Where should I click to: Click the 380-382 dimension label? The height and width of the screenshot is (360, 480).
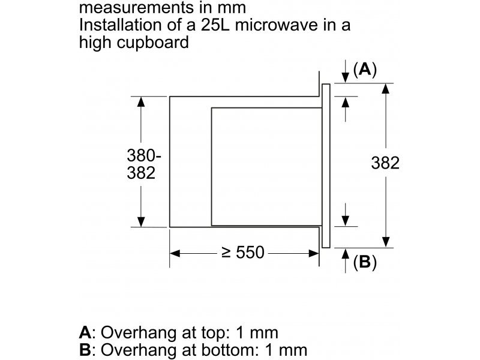[x=143, y=164]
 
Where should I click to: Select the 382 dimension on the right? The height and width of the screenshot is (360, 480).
[x=385, y=163]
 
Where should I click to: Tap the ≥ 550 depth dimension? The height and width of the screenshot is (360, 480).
[x=243, y=253]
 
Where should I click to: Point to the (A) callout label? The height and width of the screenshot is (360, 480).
[x=365, y=70]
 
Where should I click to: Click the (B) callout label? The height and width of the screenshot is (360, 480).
[x=365, y=262]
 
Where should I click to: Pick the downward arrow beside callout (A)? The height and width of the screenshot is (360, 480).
[x=346, y=71]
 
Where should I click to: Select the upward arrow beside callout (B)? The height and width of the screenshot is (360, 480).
[x=346, y=260]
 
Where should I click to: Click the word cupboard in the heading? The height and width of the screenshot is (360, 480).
[x=152, y=42]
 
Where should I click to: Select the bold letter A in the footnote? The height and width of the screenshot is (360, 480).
[x=85, y=332]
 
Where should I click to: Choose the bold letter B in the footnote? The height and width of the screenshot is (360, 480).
[x=85, y=350]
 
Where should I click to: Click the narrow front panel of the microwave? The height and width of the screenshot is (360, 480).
[x=326, y=166]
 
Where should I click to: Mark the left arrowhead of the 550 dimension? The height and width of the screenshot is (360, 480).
[x=175, y=253]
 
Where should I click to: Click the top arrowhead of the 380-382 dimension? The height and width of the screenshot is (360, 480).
[x=141, y=101]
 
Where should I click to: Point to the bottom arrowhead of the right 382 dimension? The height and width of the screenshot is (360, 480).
[x=386, y=242]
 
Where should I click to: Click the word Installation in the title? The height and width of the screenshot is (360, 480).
[x=121, y=25]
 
